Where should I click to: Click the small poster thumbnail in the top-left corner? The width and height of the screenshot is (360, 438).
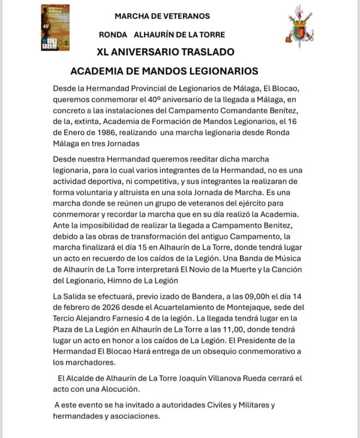point(55,28)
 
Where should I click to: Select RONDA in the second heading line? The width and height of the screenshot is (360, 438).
point(113,34)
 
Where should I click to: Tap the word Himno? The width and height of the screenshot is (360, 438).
point(142,281)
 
